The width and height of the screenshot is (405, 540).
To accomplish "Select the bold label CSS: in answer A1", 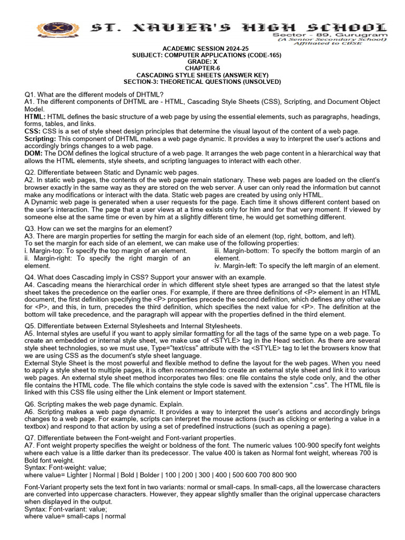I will click(33, 131).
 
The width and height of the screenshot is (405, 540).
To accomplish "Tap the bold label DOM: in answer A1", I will click(34, 153).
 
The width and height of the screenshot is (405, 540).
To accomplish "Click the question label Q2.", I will click(31, 172).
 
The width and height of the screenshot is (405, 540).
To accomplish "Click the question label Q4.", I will click(31, 277).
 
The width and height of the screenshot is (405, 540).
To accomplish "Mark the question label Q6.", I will click(31, 403).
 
